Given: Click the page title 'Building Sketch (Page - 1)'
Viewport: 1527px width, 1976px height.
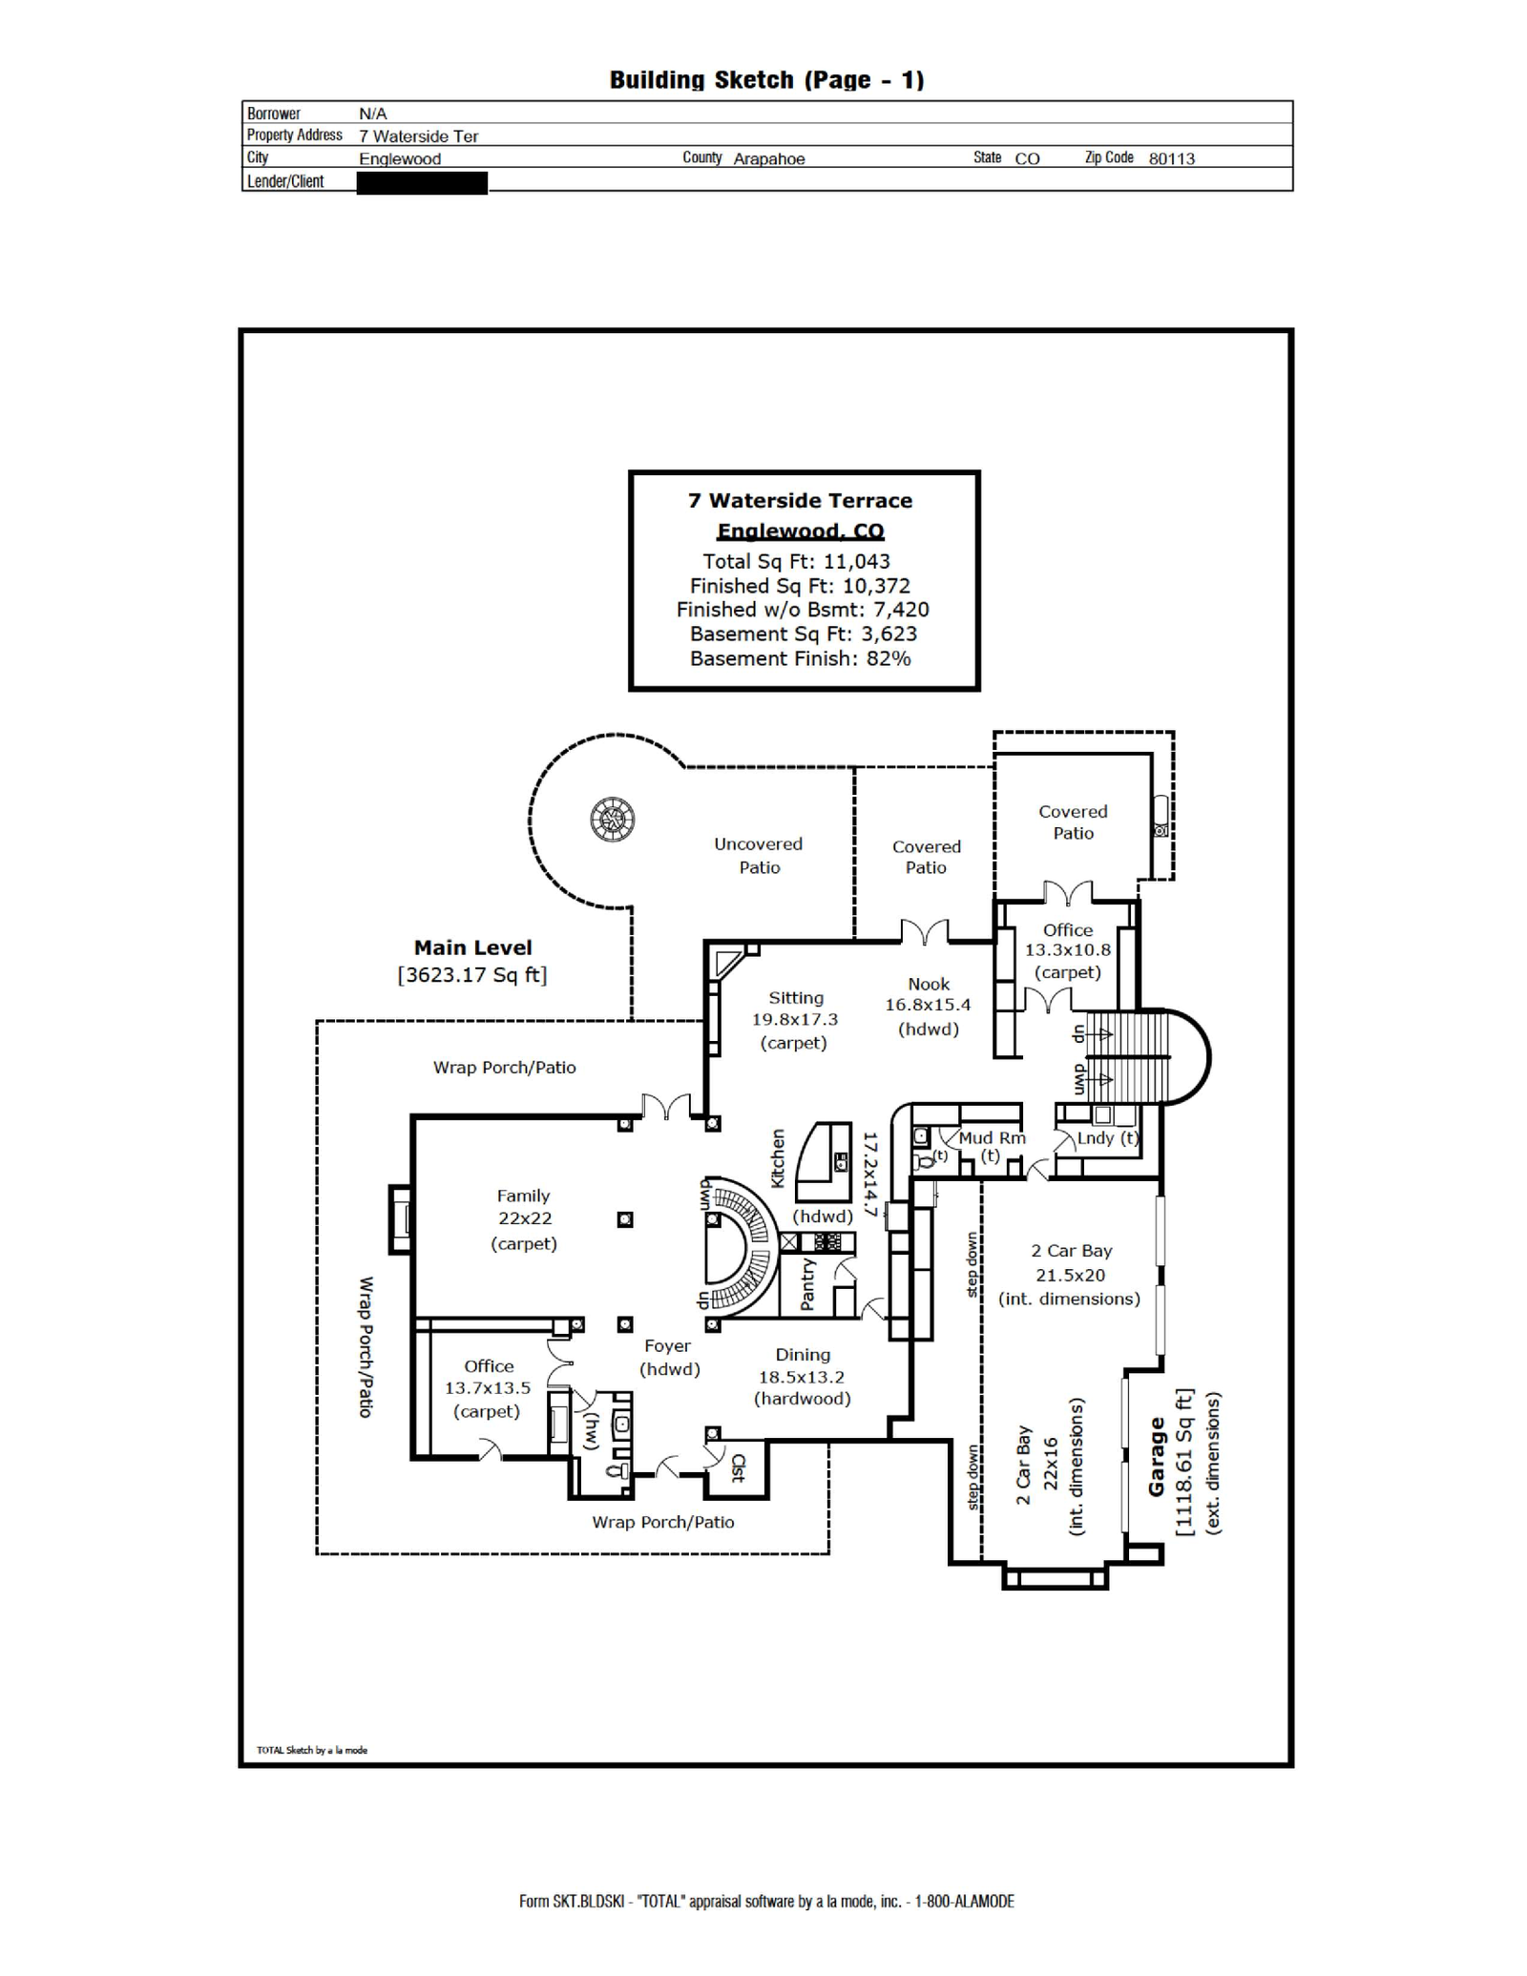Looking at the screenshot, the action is pos(766,80).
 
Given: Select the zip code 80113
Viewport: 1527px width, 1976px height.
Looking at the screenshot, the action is pos(1171,158).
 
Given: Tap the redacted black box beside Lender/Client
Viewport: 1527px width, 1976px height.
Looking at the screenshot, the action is pos(422,182).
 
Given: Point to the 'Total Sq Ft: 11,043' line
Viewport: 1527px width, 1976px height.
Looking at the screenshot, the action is pos(796,561).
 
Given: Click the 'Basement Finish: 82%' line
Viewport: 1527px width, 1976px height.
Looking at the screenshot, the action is pos(800,658).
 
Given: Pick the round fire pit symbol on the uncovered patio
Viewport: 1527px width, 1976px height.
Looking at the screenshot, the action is pos(613,819).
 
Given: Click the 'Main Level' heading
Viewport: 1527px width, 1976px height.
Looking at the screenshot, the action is pos(472,947).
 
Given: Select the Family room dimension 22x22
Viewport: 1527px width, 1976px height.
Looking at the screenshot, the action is pos(524,1218).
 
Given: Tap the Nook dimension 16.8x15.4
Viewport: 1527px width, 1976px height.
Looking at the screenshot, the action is pos(928,1005).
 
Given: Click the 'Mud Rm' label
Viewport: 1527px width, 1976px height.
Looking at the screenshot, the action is pos(992,1137).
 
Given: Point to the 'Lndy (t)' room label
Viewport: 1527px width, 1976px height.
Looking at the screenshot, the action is pos(1107,1138).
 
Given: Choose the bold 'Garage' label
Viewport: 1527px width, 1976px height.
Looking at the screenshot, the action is pos(1157,1456).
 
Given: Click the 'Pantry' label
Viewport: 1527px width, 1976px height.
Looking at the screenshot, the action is pos(807,1283).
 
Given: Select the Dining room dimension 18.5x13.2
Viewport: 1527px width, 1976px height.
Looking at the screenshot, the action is pos(802,1377).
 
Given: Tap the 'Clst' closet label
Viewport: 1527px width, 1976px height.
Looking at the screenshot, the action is pos(738,1467).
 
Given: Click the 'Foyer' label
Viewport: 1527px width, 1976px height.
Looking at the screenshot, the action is pos(667,1346).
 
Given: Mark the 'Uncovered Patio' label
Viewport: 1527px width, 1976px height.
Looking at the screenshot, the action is pos(759,856).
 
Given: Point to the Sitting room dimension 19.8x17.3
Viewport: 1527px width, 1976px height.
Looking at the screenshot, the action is pos(795,1019).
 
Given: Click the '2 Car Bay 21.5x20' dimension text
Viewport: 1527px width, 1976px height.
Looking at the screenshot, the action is pos(1071,1262).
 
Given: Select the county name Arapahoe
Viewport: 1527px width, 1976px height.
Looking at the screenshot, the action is pos(769,158).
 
